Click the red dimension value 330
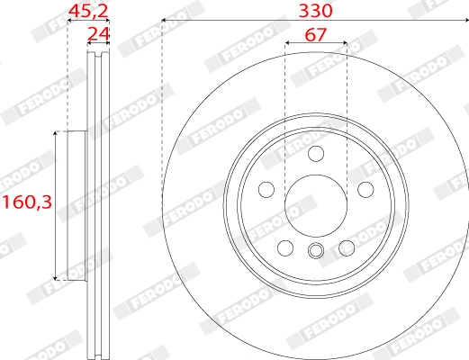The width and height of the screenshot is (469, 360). pyautogui.click(x=316, y=11)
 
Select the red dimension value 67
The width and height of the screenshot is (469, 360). pyautogui.click(x=315, y=35)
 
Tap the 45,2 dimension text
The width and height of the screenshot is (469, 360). pyautogui.click(x=88, y=12)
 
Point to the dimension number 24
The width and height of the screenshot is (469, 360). pyautogui.click(x=98, y=34)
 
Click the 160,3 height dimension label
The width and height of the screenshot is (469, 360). pyautogui.click(x=27, y=202)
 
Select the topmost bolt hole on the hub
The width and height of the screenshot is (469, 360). pyautogui.click(x=316, y=154)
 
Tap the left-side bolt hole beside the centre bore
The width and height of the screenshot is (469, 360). pyautogui.click(x=266, y=190)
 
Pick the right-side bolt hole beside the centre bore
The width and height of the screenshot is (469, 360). pyautogui.click(x=365, y=190)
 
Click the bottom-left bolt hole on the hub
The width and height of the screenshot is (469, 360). pyautogui.click(x=285, y=247)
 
